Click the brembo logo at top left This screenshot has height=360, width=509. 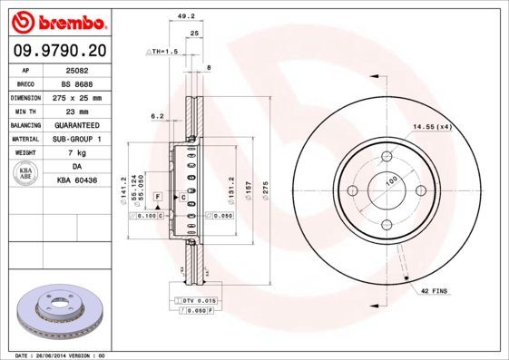coord(56,20)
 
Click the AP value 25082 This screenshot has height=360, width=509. coord(76,69)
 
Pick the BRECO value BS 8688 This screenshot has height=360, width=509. coord(76,83)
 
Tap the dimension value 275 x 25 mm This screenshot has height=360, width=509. coord(76,97)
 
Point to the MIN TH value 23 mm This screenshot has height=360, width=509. coord(76,111)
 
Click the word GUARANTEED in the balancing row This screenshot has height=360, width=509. coord(76,125)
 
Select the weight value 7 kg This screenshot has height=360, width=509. coord(76,153)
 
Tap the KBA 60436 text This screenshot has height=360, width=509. coord(76,181)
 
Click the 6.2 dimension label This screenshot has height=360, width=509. coord(157,116)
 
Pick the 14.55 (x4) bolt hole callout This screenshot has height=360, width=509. coord(432,127)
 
